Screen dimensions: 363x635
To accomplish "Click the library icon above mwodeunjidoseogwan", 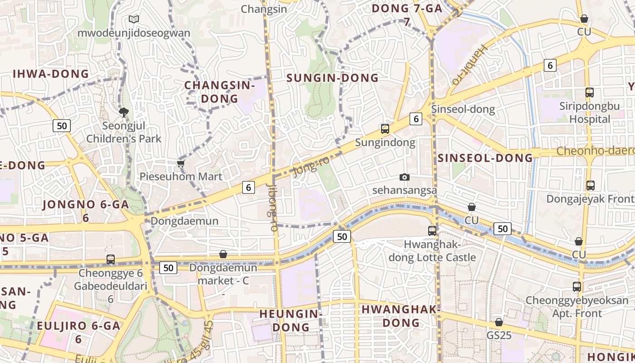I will pyautogui.click(x=133, y=19).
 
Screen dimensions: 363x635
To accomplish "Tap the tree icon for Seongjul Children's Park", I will pyautogui.click(x=123, y=112).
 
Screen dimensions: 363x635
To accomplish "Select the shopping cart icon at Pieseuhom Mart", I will pyautogui.click(x=181, y=163).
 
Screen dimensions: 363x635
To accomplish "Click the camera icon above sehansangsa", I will pyautogui.click(x=404, y=177).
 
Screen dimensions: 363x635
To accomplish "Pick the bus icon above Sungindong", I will pyautogui.click(x=385, y=129).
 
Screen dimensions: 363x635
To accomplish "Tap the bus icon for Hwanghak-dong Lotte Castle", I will pyautogui.click(x=432, y=231).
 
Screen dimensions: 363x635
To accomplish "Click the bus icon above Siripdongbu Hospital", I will pyautogui.click(x=590, y=93).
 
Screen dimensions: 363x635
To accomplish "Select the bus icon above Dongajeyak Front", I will pyautogui.click(x=590, y=186).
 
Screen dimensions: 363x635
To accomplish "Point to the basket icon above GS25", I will pyautogui.click(x=499, y=322).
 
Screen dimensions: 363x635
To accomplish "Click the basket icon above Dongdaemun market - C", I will pyautogui.click(x=223, y=254).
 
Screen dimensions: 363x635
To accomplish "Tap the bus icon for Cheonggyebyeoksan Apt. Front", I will pyautogui.click(x=577, y=287).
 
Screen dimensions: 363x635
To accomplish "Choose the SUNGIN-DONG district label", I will pyautogui.click(x=332, y=78).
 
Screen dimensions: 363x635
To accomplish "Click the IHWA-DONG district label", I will pyautogui.click(x=51, y=74).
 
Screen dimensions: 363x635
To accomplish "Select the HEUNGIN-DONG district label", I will pyautogui.click(x=290, y=320).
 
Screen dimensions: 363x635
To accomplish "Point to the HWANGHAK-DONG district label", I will pyautogui.click(x=401, y=316).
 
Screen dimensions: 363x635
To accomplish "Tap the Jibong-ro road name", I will pyautogui.click(x=273, y=208).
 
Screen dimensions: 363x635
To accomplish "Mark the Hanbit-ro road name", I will pyautogui.click(x=469, y=64).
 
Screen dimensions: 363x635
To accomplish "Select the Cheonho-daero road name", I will pyautogui.click(x=595, y=151).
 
